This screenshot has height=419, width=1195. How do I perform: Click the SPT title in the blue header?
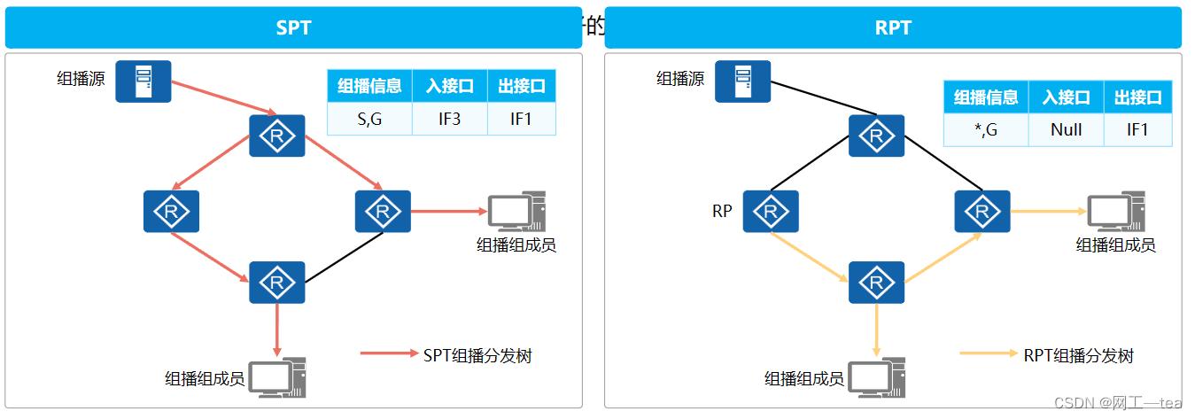(293, 27)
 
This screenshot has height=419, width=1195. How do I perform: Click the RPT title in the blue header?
(892, 27)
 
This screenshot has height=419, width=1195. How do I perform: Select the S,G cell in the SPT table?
(369, 119)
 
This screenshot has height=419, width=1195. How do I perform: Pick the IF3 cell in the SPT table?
(449, 119)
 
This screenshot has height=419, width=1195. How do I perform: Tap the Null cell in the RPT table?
(1066, 130)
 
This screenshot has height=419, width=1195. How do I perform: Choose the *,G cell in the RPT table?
(985, 130)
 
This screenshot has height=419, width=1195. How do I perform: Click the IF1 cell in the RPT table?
(1137, 130)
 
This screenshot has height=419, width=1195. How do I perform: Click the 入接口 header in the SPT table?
(449, 87)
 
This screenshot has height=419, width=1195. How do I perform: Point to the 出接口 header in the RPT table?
(1137, 98)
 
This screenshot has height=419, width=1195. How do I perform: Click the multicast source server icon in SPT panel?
(144, 81)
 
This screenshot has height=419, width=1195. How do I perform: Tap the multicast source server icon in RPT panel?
(742, 81)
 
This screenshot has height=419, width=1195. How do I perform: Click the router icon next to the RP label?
(771, 212)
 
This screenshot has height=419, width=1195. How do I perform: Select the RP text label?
(722, 212)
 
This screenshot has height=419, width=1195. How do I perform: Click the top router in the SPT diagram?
(277, 136)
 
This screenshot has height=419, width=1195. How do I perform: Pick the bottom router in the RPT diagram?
(876, 283)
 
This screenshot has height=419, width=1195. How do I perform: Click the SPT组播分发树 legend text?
(477, 356)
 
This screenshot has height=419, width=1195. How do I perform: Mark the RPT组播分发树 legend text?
(1078, 356)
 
